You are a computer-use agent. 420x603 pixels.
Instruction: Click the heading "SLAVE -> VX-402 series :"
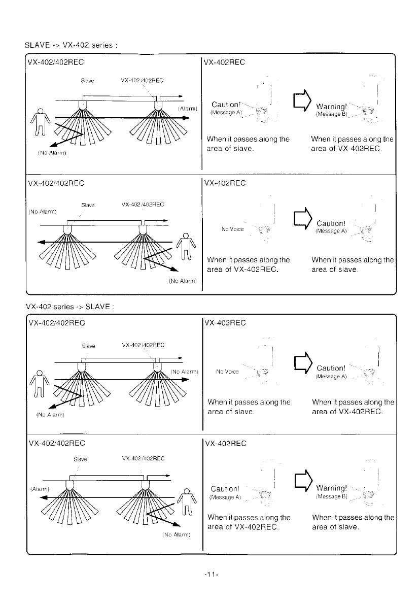coord(72,46)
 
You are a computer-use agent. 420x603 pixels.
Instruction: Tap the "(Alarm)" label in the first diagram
coord(188,108)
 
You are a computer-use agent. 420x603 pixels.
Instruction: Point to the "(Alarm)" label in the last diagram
coord(39,489)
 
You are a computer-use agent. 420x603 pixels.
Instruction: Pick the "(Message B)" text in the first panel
coord(331,115)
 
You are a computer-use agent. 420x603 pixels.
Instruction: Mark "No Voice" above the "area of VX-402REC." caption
coord(233,229)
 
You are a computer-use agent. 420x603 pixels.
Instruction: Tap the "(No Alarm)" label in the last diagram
coord(176,534)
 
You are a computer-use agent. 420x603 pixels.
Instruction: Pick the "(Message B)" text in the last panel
coord(331,497)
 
